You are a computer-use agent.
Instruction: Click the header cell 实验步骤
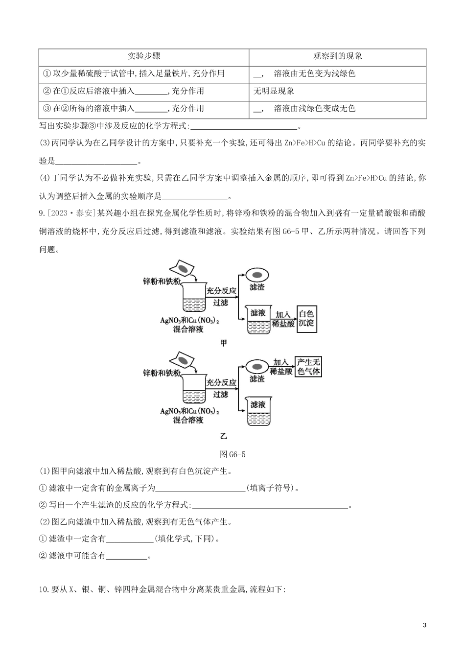pos(144,56)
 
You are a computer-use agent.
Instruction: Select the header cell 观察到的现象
pos(338,56)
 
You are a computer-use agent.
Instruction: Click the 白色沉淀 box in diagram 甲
pos(306,318)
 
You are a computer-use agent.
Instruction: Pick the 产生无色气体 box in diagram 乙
pos(308,367)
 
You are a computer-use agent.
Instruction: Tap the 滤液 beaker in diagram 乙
pos(258,411)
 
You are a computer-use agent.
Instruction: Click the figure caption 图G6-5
pos(233,454)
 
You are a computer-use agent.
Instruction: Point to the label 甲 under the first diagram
pos(223,343)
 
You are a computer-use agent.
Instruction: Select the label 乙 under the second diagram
pos(223,435)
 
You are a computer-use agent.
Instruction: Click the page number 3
pos(424,625)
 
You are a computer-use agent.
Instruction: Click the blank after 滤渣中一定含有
pos(130,539)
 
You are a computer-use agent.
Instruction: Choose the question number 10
pos(44,589)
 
